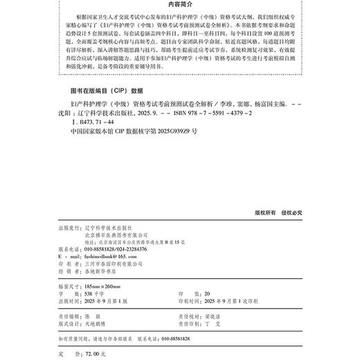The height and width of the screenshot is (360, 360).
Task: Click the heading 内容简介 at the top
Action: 180,6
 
